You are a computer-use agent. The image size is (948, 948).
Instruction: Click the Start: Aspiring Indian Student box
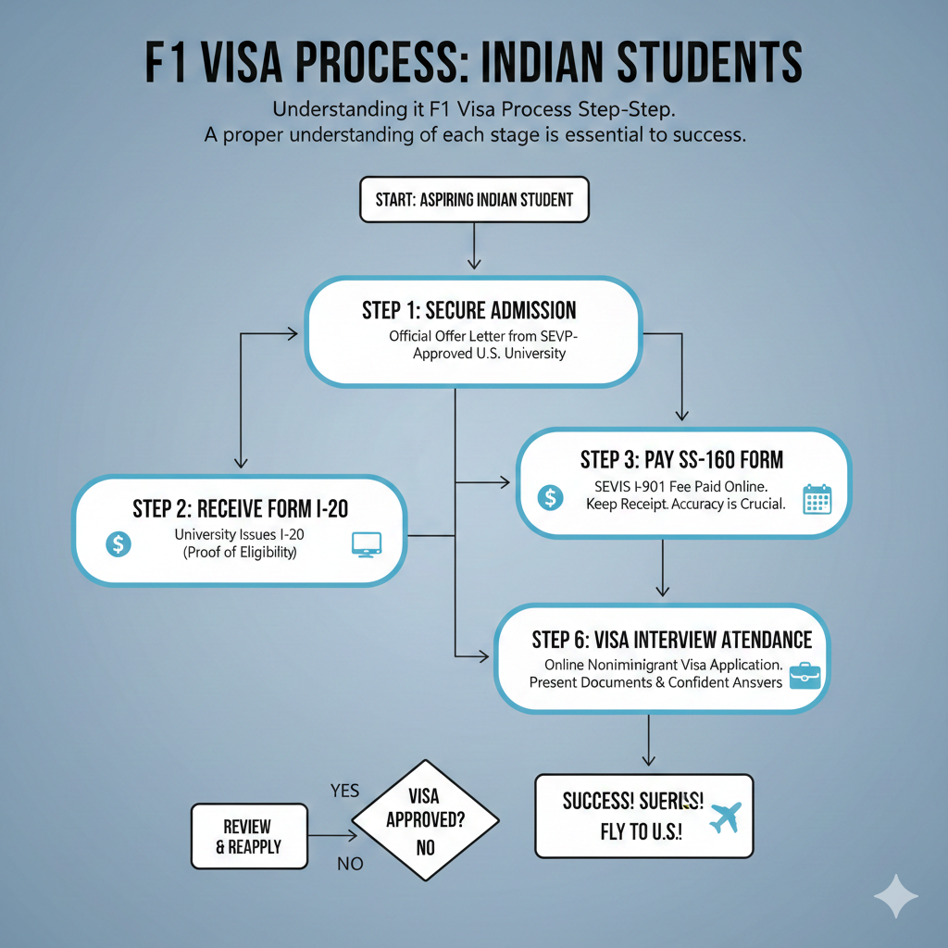474,199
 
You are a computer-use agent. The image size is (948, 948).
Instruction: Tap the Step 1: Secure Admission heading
469,309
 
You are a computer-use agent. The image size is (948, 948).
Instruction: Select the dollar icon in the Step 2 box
118,543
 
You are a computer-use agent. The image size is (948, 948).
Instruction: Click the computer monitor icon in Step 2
367,544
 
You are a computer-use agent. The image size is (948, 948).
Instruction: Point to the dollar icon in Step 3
550,497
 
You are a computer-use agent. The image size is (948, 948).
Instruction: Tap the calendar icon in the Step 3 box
817,498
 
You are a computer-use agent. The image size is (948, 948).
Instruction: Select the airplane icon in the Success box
724,817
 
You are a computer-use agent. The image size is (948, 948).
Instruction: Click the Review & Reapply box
248,836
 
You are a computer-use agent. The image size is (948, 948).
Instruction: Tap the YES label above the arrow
344,792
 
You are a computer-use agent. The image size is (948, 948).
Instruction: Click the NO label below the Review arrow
349,865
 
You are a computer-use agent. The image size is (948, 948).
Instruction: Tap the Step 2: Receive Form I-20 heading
240,508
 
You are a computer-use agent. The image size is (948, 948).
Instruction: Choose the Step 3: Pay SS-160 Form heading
681,459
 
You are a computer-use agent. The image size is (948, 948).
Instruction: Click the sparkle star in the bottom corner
896,896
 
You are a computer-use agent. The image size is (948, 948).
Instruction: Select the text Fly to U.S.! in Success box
640,831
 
